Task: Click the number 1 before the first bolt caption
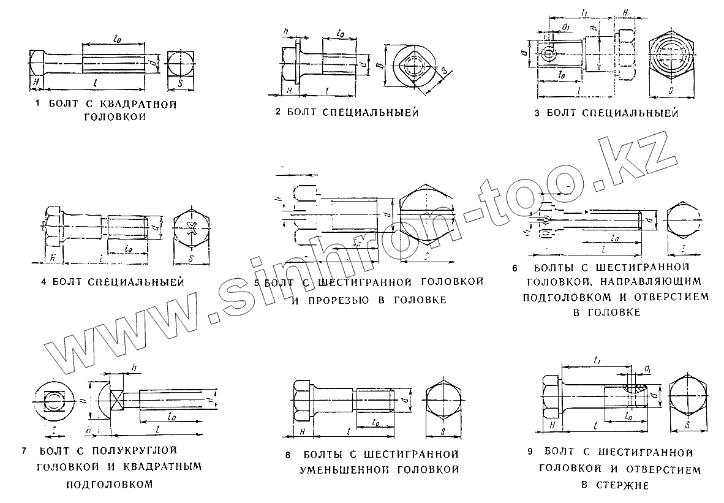[x=39, y=104]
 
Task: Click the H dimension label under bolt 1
[x=37, y=82]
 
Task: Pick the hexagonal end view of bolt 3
[x=672, y=58]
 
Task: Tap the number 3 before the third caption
[x=537, y=113]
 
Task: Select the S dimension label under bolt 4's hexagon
[x=192, y=259]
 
